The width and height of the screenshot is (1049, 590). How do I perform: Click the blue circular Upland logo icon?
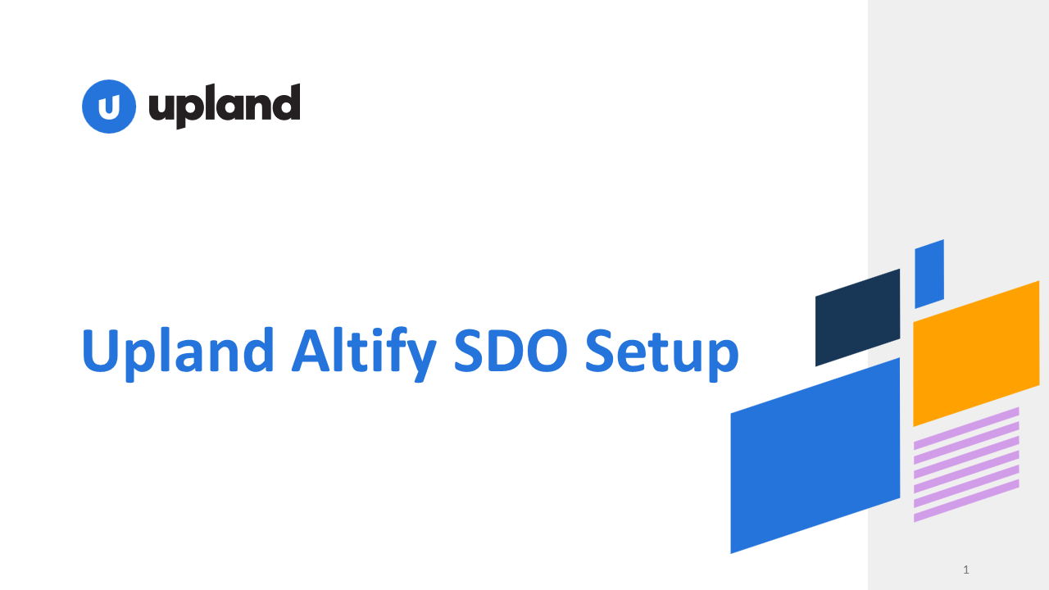pos(109,107)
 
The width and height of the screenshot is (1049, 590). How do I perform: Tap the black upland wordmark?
pos(224,106)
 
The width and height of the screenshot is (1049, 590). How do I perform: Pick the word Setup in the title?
pos(661,351)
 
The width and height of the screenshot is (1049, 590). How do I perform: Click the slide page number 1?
pos(966,570)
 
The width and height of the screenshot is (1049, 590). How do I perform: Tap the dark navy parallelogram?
pos(857,317)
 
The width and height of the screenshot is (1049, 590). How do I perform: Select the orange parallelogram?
pos(976,353)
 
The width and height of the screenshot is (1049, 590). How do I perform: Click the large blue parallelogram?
pos(815,455)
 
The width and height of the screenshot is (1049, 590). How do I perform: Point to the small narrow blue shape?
pos(929,274)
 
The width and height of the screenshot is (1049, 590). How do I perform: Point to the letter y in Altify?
pos(419,357)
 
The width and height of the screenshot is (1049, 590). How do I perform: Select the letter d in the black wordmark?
pos(284,103)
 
